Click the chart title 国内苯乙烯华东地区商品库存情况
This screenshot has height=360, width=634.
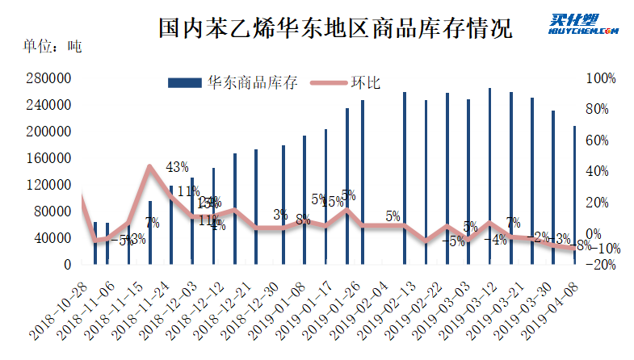pos(335,31)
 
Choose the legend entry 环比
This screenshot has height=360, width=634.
pos(366,82)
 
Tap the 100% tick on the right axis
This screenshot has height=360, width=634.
pos(600,78)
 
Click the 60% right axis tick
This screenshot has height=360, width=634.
pos(600,140)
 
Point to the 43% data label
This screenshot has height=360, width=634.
pos(177,167)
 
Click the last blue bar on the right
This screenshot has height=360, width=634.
pos(575,195)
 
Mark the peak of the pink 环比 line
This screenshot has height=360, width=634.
pos(150,166)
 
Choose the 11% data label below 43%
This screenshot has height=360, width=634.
pos(188,191)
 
